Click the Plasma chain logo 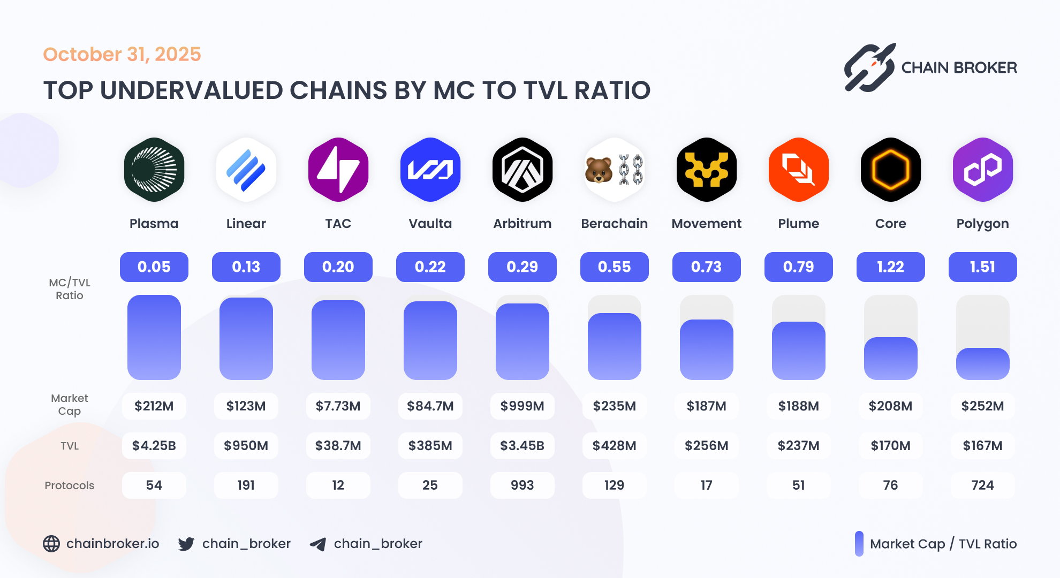click(x=154, y=170)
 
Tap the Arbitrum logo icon click(x=523, y=170)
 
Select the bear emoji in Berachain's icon click(x=599, y=170)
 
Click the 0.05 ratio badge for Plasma click(x=154, y=267)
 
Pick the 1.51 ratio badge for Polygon click(x=982, y=267)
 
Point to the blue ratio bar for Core click(x=890, y=359)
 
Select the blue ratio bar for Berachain click(x=614, y=346)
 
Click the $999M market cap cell click(x=523, y=406)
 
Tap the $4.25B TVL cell click(x=154, y=446)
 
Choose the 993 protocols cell click(x=523, y=485)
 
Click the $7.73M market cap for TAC click(x=338, y=406)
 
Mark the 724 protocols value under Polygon click(x=982, y=485)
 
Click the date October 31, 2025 click(x=122, y=55)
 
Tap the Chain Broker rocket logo click(x=869, y=68)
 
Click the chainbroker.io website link click(x=112, y=544)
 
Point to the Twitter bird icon click(x=186, y=544)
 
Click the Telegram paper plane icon click(x=318, y=544)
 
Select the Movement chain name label click(x=706, y=224)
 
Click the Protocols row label click(x=70, y=485)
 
